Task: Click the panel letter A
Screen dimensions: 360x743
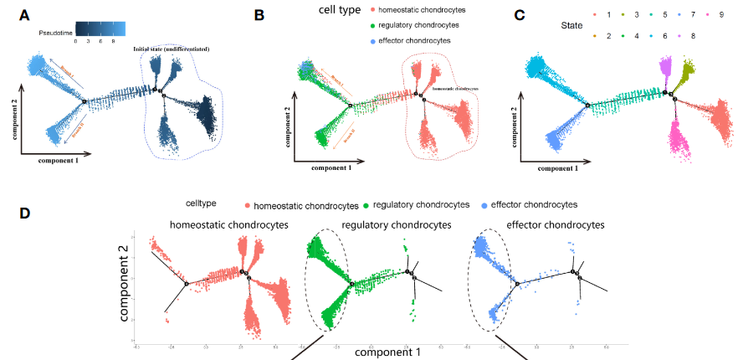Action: pos(25,15)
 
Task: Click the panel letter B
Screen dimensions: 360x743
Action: pos(259,15)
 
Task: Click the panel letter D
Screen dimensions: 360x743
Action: pos(25,213)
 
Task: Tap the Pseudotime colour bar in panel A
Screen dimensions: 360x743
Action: pos(100,28)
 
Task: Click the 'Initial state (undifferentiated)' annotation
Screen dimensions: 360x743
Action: pos(171,50)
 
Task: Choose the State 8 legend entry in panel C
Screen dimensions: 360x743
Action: pos(692,37)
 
